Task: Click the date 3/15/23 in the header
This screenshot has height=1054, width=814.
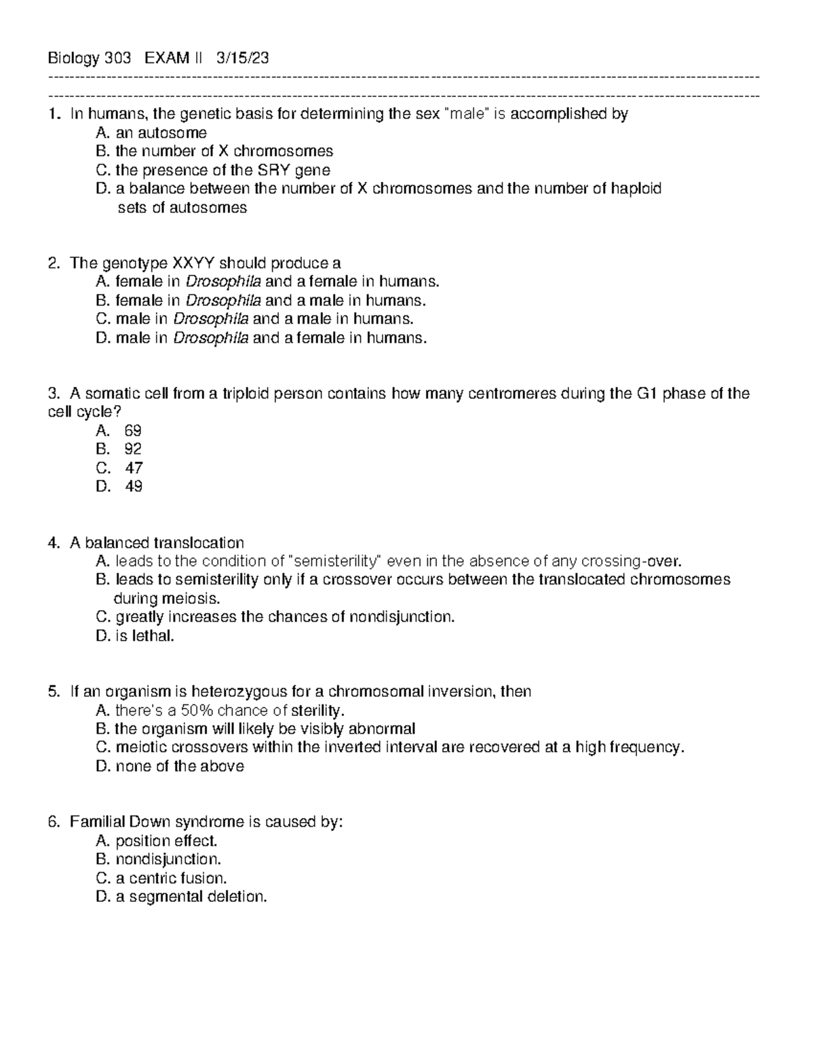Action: [242, 58]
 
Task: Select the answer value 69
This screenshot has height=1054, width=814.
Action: [133, 430]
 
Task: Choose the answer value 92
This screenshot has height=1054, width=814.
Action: [133, 449]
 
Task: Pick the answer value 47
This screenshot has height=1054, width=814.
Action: [134, 468]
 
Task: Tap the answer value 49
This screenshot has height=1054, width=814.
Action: [134, 486]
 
